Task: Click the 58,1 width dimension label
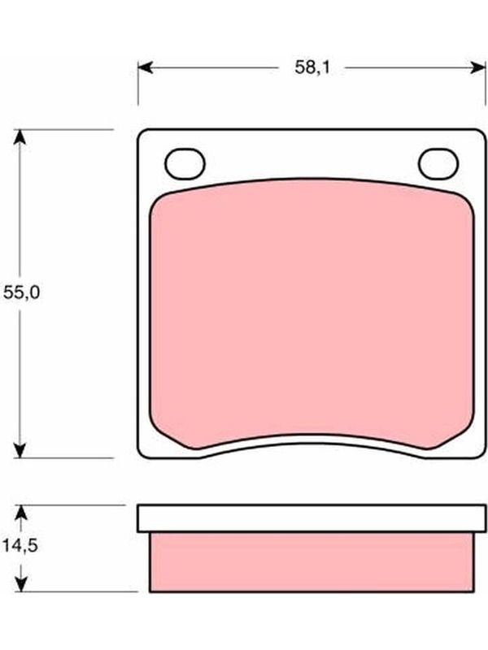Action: [x=312, y=67]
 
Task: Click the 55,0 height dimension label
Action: [x=22, y=292]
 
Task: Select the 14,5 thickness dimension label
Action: [x=20, y=545]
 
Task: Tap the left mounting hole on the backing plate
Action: [x=185, y=164]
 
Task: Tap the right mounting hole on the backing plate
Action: [x=438, y=164]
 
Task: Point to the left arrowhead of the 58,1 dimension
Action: [x=146, y=67]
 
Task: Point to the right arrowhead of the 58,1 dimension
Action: [x=478, y=67]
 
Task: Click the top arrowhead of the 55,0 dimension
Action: [x=20, y=137]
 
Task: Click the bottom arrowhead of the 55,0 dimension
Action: [x=20, y=450]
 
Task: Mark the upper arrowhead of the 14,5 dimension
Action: [x=20, y=513]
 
